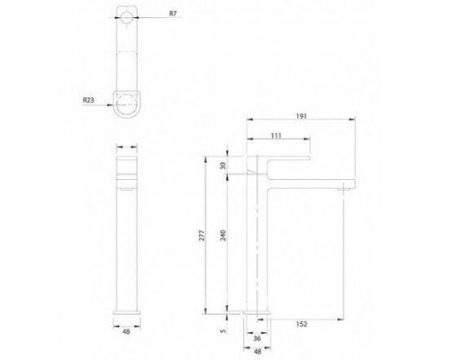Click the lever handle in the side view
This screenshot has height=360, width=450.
point(283,162)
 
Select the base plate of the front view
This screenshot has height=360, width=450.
point(126,315)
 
